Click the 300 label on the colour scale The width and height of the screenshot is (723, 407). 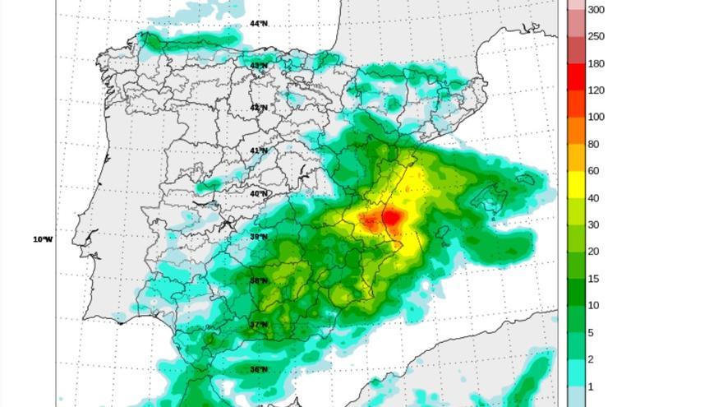[596, 10]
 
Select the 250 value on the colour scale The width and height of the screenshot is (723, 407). [596, 36]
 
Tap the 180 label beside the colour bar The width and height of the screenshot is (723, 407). [596, 63]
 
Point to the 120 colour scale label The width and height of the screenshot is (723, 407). [596, 90]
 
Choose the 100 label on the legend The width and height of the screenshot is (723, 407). [596, 117]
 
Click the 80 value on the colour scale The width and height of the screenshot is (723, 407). [592, 144]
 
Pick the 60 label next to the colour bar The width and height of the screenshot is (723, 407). [592, 171]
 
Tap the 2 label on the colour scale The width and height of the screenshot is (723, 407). [590, 359]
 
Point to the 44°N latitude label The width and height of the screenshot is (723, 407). [259, 24]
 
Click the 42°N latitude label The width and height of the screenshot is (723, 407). [259, 108]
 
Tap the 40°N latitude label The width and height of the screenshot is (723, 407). [259, 194]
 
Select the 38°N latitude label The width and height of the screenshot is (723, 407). [259, 280]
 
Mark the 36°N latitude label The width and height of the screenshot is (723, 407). [259, 369]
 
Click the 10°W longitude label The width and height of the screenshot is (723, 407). [43, 239]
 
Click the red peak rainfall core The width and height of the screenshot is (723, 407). [393, 218]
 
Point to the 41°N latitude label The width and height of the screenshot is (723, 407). [259, 150]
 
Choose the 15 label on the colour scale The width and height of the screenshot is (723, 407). [592, 279]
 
